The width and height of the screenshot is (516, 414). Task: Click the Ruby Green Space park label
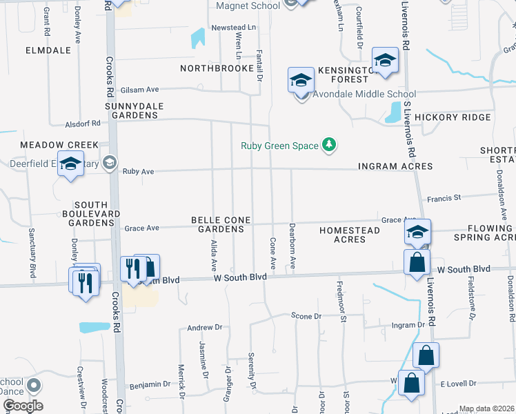[279, 146]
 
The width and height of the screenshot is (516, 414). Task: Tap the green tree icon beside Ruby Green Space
[330, 144]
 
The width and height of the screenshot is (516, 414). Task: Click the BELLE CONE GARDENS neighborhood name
[221, 224]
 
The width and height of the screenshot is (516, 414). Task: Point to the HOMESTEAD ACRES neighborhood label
[349, 234]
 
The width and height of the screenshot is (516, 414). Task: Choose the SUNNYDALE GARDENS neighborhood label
[131, 110]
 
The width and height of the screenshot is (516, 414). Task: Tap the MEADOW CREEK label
[59, 145]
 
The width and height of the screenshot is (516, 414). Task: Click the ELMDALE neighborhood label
[48, 50]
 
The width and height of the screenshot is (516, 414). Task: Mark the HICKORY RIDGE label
[453, 117]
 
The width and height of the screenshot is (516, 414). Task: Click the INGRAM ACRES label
[395, 166]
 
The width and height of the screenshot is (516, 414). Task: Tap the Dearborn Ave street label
[292, 246]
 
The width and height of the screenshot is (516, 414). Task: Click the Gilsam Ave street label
[140, 90]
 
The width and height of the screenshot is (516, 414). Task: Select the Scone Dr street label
[306, 316]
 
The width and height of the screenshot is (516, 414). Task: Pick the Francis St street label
[444, 198]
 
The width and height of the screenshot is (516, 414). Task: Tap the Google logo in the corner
[22, 406]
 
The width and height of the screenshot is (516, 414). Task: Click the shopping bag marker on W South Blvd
[417, 263]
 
